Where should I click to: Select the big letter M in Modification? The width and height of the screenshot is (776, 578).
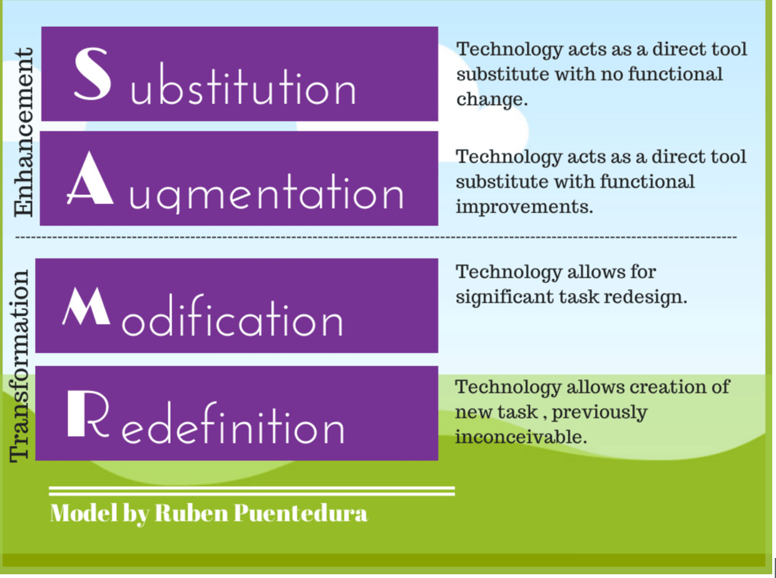click(x=86, y=307)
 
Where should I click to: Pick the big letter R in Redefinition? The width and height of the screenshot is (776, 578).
click(x=84, y=413)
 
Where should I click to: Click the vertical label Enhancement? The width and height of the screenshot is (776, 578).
click(x=24, y=133)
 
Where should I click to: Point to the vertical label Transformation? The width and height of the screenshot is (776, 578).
click(x=20, y=366)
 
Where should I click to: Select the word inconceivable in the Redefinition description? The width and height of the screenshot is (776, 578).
click(x=520, y=437)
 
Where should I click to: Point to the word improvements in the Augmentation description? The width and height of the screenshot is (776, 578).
click(x=524, y=207)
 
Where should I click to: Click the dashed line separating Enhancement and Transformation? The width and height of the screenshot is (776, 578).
click(x=375, y=238)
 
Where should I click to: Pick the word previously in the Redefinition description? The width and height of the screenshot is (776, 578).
click(x=600, y=412)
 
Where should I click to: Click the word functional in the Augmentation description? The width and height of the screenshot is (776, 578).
click(x=647, y=182)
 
